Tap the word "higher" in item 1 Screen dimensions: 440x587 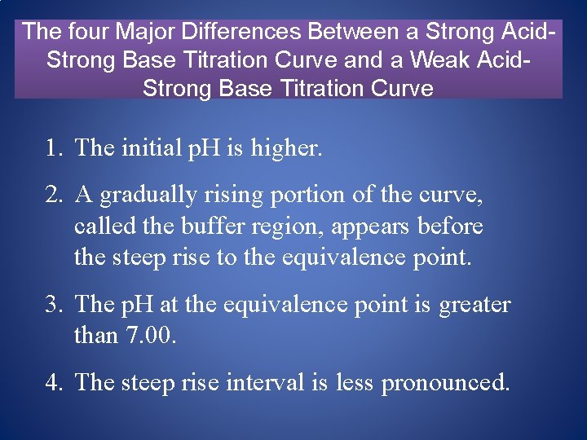coord(286,148)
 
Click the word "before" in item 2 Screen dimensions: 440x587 coord(450,227)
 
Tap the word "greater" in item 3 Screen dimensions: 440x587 coord(474,305)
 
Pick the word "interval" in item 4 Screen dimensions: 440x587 coord(277,382)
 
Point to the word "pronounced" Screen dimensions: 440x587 coord(445,382)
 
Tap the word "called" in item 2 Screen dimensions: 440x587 coord(101,227)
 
